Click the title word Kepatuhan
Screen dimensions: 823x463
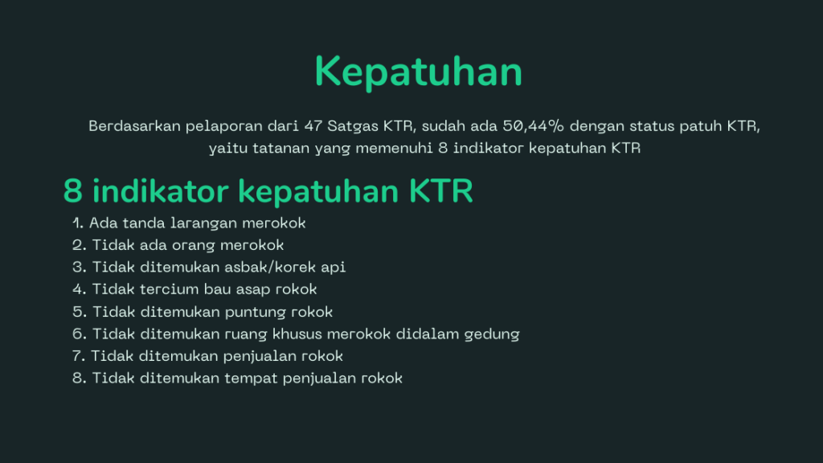pyautogui.click(x=418, y=72)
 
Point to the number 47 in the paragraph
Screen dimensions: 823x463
pyautogui.click(x=313, y=126)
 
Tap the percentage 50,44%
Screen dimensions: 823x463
pyautogui.click(x=534, y=126)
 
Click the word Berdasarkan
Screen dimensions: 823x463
pyautogui.click(x=134, y=126)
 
